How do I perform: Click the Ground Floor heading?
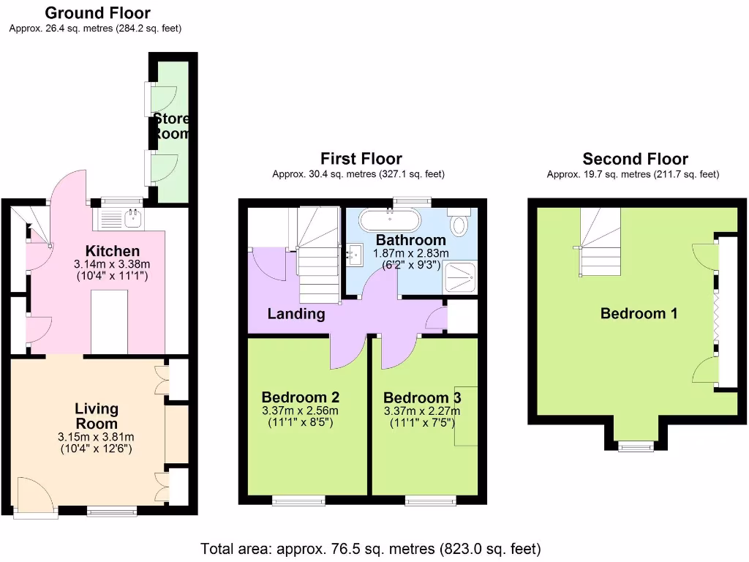[x=97, y=13]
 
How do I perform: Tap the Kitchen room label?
[x=113, y=251]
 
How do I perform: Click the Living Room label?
[x=97, y=416]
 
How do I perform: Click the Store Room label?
[x=171, y=126]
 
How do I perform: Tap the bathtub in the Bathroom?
[x=390, y=220]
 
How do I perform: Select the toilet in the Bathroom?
[x=459, y=222]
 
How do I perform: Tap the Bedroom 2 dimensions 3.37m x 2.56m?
[x=300, y=411]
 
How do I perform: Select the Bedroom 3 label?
[x=422, y=397]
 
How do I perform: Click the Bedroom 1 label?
[x=639, y=313]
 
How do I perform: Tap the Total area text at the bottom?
[x=371, y=548]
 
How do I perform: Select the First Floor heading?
[x=361, y=159]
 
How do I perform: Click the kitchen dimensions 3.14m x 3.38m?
[x=113, y=264]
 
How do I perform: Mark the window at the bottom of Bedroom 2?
[x=298, y=501]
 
